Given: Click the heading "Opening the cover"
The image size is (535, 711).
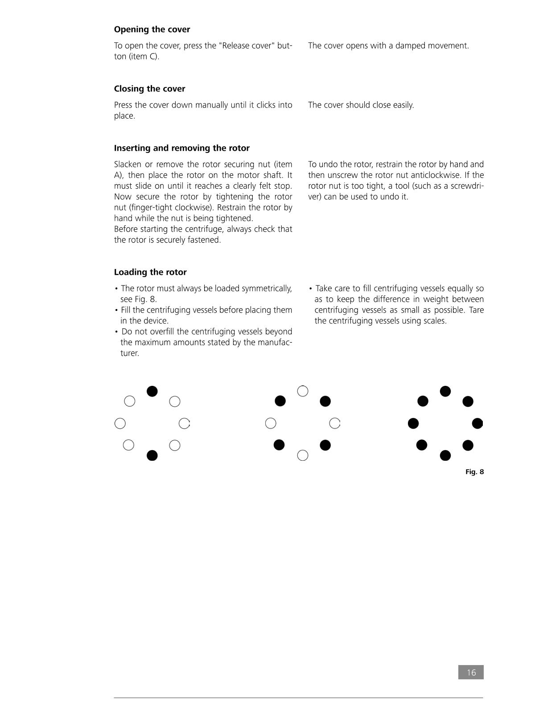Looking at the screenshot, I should [152, 29].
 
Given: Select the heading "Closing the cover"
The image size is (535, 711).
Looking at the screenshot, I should [149, 89].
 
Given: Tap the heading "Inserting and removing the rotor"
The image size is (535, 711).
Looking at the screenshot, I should [181, 148].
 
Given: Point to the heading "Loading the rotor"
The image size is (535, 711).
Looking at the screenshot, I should [150, 272].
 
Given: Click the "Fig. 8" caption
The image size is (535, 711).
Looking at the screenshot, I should [474, 472].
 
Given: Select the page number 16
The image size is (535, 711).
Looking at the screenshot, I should [471, 672].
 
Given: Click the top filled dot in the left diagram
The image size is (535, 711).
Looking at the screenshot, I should [152, 391].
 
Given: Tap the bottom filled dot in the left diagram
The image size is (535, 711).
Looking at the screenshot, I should [152, 455].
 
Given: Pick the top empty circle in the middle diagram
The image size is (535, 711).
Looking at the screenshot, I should [303, 391].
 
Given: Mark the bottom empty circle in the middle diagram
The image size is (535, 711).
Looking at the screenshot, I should [303, 455].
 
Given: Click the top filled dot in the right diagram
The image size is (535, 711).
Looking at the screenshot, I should [445, 391].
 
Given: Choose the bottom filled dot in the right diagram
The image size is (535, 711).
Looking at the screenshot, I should [445, 455].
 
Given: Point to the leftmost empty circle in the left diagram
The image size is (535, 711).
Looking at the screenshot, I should [120, 423].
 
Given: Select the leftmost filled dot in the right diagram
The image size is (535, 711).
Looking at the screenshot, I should [413, 423].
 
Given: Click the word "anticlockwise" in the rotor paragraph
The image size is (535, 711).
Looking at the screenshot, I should [436, 175].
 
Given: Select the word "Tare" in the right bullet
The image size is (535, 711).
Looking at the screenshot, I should [476, 310].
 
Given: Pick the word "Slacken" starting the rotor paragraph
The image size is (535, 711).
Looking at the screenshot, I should [128, 165].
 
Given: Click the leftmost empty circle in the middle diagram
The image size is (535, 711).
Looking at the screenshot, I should [271, 423].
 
